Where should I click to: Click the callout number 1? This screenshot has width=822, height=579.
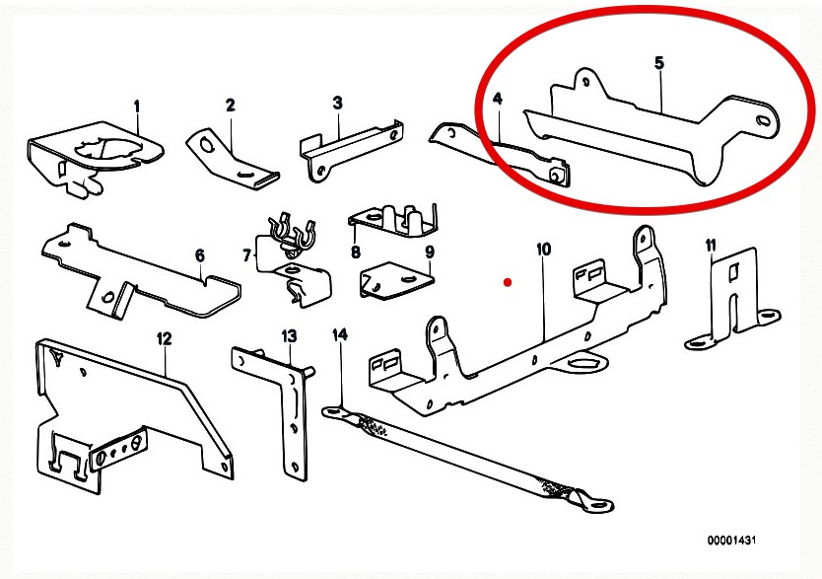(137, 106)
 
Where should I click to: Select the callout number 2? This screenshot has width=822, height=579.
(230, 106)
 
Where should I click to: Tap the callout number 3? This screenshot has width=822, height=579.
(337, 103)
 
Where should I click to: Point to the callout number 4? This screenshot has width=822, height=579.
(498, 99)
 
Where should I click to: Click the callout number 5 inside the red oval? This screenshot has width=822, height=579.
(658, 63)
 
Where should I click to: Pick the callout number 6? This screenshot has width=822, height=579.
(199, 255)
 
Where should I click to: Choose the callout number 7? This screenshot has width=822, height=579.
(246, 256)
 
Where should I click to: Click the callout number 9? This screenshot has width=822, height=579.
(429, 252)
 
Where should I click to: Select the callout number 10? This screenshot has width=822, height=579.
(542, 250)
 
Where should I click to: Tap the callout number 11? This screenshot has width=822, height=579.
(710, 245)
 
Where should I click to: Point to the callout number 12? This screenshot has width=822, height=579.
(164, 338)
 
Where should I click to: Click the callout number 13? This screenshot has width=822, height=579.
(289, 337)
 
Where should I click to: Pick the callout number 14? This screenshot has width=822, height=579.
(340, 335)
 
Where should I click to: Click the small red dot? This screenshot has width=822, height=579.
(507, 282)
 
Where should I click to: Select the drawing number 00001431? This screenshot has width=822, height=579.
(732, 541)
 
